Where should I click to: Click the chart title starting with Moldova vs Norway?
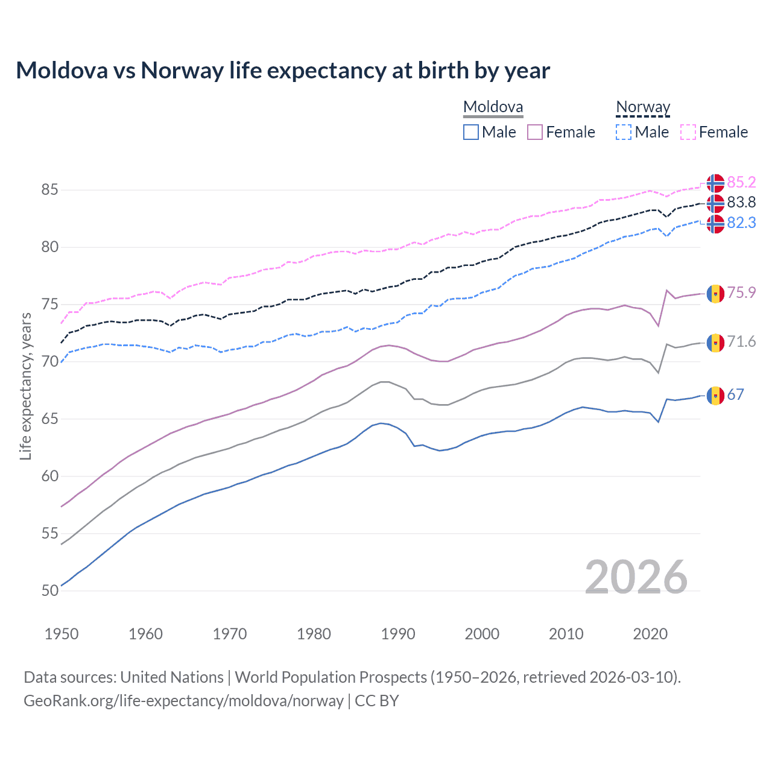(282, 71)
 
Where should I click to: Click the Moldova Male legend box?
(471, 132)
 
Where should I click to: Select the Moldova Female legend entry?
(561, 132)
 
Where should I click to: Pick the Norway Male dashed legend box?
(624, 132)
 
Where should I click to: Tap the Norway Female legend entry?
(714, 132)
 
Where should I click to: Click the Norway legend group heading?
(643, 107)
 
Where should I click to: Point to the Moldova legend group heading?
(493, 107)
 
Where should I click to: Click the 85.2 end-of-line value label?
(741, 182)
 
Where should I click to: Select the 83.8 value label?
(741, 202)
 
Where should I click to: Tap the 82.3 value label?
(741, 223)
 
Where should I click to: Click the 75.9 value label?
(741, 293)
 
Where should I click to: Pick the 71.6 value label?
(741, 341)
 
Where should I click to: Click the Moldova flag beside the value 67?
(715, 395)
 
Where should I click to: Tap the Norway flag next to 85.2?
(715, 183)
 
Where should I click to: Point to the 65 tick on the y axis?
(50, 419)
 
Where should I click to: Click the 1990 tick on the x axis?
(398, 634)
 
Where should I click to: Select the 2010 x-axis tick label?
(566, 634)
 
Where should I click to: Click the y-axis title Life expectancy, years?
(25, 386)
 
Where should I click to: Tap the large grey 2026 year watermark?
(636, 577)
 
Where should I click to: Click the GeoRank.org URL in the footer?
(183, 701)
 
